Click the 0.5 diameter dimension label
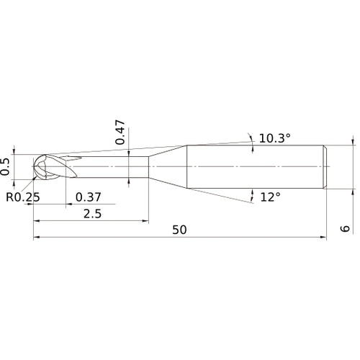[6, 166]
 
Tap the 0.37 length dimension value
[88, 197]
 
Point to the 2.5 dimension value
[91, 214]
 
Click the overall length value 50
[180, 230]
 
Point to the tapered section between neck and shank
[167, 166]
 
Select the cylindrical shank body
[252, 166]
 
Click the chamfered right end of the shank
[326, 166]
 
